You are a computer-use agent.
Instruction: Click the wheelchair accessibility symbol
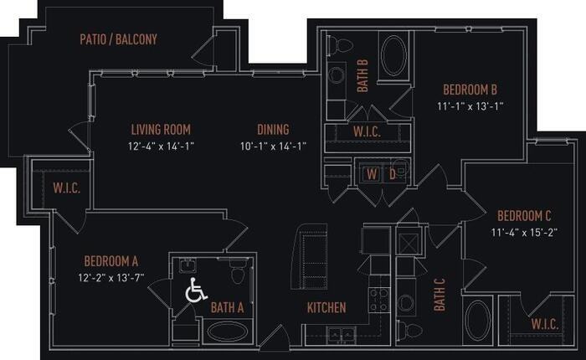[196, 290]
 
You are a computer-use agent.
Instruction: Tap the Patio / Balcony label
[119, 39]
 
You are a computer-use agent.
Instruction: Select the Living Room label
[161, 130]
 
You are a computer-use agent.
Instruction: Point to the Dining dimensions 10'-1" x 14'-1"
[273, 146]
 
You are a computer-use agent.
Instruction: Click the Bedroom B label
[470, 90]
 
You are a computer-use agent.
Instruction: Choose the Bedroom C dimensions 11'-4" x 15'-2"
[524, 233]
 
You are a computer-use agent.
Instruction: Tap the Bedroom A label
[111, 261]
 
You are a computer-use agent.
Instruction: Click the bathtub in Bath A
[227, 331]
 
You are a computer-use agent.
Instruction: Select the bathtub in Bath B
[394, 56]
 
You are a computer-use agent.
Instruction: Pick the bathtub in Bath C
[478, 321]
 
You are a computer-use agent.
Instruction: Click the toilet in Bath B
[341, 45]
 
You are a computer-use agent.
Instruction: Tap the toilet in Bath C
[409, 330]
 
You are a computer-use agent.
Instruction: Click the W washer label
[372, 174]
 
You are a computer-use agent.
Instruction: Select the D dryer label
[393, 174]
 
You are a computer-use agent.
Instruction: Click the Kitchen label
[326, 307]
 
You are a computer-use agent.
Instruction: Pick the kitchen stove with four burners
[379, 300]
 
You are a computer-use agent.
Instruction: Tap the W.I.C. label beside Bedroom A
[66, 188]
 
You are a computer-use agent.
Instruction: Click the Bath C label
[439, 295]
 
